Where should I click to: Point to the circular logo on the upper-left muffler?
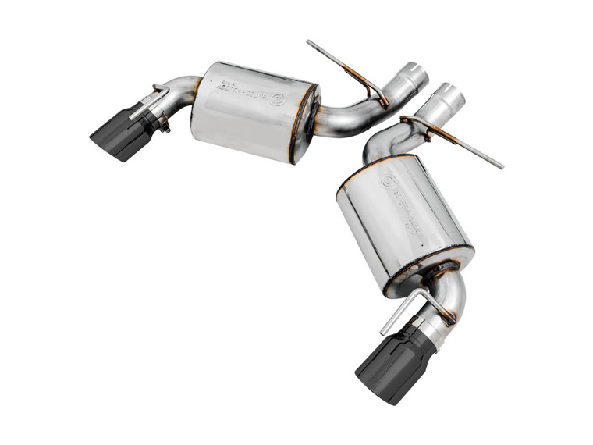[x=277, y=99]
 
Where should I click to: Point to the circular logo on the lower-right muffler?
[x=388, y=181]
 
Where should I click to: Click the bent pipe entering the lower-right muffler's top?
[x=382, y=144]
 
